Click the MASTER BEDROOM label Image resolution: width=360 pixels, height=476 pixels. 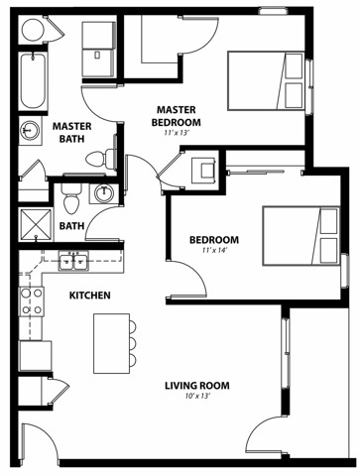[176, 116]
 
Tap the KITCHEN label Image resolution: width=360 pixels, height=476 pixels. [90, 296]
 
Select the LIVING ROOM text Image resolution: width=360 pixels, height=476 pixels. [197, 386]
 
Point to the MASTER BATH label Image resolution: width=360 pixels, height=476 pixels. [72, 133]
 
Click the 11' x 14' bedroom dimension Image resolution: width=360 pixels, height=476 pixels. [214, 250]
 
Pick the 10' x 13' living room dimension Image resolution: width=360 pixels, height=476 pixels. [197, 396]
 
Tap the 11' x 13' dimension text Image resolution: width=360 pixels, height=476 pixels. [177, 133]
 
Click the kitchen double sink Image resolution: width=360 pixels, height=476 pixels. [73, 261]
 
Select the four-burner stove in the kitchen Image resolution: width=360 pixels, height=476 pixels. [32, 301]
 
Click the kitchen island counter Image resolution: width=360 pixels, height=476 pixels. [112, 343]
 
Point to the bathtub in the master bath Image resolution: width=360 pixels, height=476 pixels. [33, 81]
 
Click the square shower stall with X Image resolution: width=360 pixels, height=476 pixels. [36, 224]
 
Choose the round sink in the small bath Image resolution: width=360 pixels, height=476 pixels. [104, 193]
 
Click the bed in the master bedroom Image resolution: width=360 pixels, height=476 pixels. [266, 81]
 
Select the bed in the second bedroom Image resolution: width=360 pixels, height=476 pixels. [301, 236]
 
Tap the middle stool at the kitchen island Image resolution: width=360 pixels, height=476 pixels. [133, 344]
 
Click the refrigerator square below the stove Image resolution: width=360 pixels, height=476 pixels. [36, 356]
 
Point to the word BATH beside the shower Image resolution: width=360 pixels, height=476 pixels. [71, 226]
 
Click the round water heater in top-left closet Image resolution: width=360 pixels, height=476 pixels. [33, 30]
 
